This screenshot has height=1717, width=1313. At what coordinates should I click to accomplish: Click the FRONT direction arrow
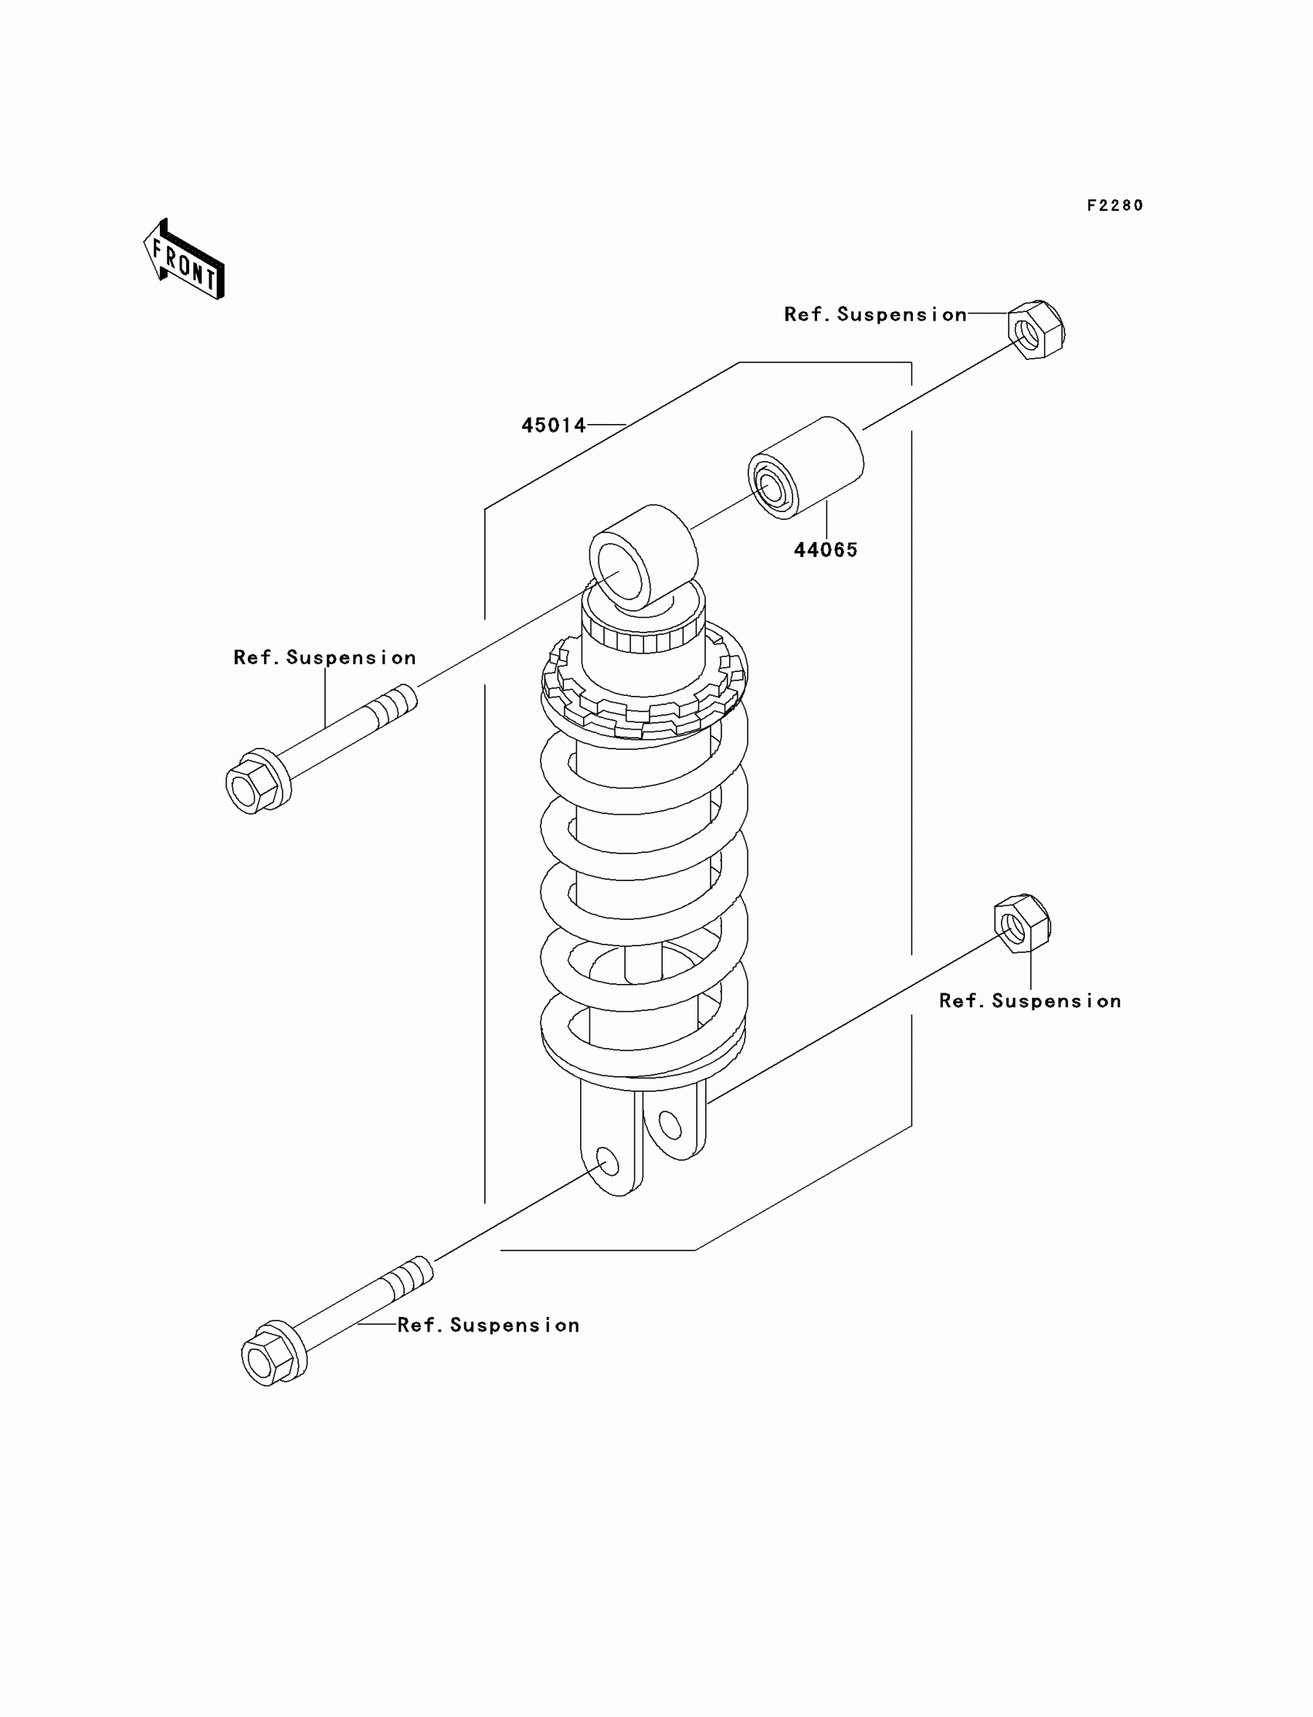185,260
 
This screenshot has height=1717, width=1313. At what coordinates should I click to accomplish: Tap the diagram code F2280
1115,205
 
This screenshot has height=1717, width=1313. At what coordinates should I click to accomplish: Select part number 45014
553,425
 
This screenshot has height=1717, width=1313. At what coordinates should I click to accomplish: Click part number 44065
826,550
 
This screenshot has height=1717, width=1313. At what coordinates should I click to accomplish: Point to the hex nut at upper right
1036,330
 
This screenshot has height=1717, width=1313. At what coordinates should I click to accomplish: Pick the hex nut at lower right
1023,923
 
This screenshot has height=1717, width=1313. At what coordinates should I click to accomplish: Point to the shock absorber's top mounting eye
643,556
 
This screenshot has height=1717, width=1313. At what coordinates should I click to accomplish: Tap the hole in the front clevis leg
607,1163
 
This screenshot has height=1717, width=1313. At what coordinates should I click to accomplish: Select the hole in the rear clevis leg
670,1125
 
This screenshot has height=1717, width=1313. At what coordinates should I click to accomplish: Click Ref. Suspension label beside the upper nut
875,314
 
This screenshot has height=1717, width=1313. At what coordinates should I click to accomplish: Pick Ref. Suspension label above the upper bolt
324,658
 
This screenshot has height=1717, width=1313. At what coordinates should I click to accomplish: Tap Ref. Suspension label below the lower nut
1030,1001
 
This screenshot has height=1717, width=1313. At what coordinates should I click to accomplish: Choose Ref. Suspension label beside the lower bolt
488,1325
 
